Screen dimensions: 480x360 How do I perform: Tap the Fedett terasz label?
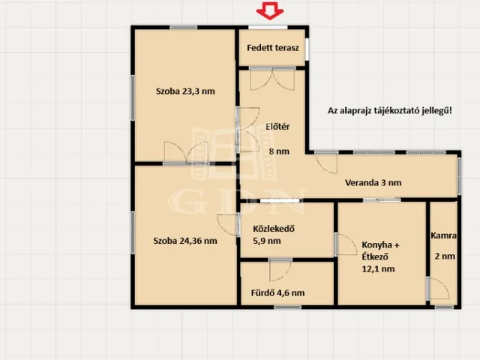click(273, 48)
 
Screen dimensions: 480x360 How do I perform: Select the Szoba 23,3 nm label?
click(185, 91)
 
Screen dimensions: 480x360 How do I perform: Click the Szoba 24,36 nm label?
click(185, 241)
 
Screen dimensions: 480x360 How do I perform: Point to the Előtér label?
click(277, 127)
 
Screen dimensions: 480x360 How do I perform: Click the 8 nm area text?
click(279, 151)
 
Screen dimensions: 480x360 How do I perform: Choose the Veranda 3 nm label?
click(373, 183)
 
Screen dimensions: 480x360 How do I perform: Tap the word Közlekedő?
click(274, 229)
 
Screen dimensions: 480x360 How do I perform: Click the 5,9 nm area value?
click(267, 241)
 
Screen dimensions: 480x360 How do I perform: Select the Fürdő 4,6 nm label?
click(277, 293)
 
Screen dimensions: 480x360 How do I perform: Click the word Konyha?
click(376, 245)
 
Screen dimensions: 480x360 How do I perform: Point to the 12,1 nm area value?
click(378, 269)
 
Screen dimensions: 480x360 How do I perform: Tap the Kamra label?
click(443, 235)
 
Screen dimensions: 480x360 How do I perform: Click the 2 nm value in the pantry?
click(445, 256)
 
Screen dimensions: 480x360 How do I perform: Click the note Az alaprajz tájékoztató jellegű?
click(390, 110)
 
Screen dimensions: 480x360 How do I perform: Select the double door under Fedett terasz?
click(272, 79)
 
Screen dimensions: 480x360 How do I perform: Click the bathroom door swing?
click(280, 270)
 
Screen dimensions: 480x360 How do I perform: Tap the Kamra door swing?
click(438, 288)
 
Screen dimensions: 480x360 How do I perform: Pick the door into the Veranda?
click(326, 163)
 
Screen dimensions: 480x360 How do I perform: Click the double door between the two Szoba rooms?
click(186, 152)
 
